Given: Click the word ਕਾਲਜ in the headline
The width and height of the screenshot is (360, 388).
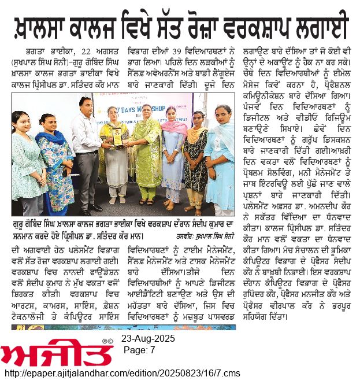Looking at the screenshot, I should tap(106, 28).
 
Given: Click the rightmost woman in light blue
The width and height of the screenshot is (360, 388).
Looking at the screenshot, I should tap(222, 156).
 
